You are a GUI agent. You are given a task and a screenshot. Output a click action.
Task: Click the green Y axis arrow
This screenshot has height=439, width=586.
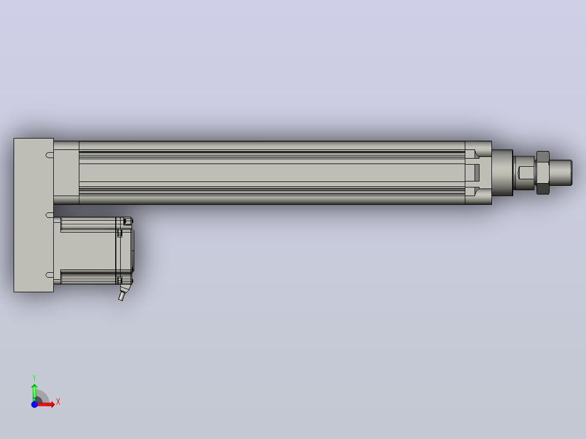point(34,392)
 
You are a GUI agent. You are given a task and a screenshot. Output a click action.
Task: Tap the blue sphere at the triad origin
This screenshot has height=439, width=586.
point(34,404)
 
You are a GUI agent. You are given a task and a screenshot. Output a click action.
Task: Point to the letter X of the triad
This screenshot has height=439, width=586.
point(58,402)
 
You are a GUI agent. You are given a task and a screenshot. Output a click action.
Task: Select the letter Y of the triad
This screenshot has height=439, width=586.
point(34,378)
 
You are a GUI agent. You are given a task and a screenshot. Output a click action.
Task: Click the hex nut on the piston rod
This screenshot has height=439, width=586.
point(543,173)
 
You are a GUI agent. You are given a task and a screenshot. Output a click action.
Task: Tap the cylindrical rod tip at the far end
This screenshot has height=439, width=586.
point(560,173)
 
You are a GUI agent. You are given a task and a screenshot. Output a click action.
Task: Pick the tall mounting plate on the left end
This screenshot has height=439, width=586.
point(34,215)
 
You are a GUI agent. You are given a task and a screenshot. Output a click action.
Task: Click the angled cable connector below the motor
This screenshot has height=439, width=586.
point(123,292)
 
